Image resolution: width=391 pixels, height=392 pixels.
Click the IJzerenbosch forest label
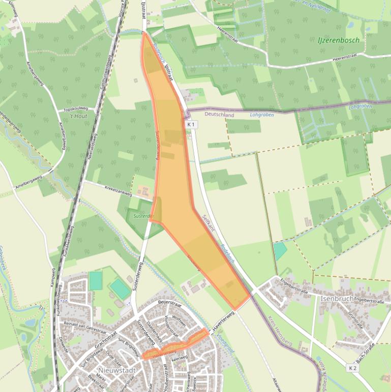click(339, 40)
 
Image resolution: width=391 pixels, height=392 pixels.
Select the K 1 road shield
click(191, 124)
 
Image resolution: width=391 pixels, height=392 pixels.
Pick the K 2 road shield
click(353, 368)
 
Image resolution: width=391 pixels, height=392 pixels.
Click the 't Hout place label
click(78, 117)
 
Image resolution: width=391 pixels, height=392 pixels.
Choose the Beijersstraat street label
click(170, 302)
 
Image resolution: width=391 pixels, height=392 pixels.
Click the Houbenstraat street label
click(166, 379)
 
